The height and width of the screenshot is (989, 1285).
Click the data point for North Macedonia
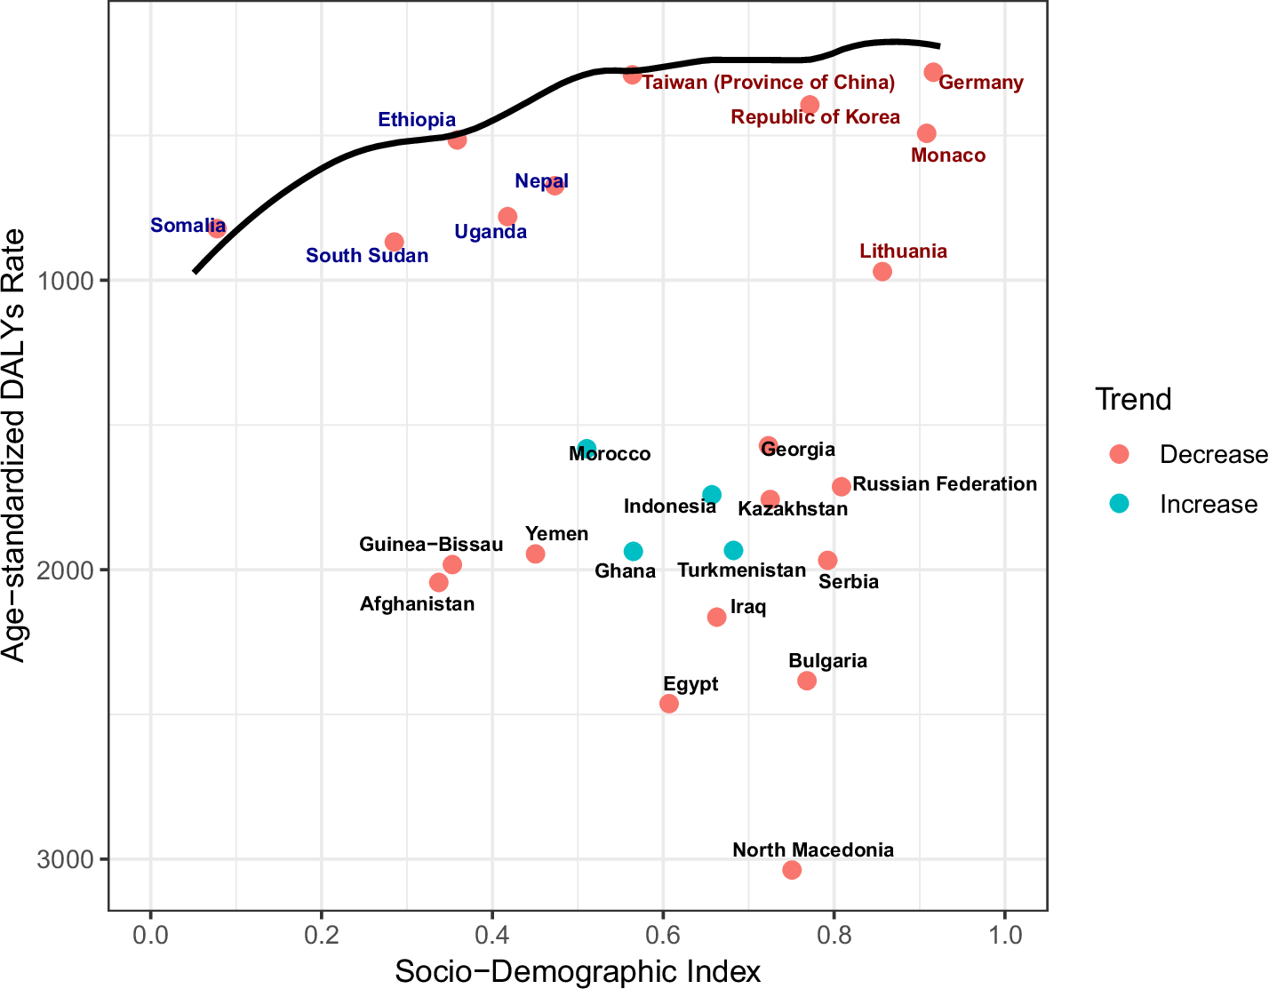(792, 870)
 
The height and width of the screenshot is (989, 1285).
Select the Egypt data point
(669, 704)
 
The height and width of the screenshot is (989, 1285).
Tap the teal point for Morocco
(587, 449)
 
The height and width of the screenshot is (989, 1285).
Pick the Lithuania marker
(882, 272)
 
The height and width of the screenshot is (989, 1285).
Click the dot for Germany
(933, 72)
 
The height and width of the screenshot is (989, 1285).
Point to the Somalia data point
(217, 228)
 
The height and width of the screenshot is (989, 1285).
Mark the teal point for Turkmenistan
(733, 551)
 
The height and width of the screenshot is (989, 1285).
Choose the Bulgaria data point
(807, 681)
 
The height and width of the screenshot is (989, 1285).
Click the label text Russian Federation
(945, 484)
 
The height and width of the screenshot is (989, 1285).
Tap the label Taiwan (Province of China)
(769, 83)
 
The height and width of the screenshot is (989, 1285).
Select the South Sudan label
(367, 256)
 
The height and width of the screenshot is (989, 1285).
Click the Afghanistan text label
(417, 604)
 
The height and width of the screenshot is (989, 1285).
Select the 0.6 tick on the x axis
(662, 937)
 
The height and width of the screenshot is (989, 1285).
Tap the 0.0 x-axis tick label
(150, 937)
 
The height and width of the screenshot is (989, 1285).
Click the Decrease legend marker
(1120, 454)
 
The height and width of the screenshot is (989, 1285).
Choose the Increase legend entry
(1208, 505)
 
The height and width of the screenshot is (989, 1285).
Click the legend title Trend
(1133, 400)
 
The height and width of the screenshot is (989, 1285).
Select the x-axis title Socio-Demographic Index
(578, 971)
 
